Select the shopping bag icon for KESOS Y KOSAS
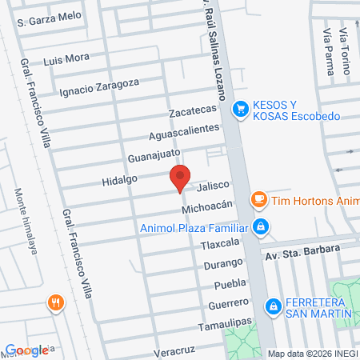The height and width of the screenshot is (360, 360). click(x=238, y=109)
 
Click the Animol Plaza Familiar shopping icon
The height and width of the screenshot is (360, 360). click(x=260, y=228)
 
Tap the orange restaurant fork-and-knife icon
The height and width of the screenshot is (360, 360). click(x=55, y=302)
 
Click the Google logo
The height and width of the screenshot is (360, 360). click(x=26, y=350)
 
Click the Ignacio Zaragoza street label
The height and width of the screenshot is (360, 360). click(x=99, y=84)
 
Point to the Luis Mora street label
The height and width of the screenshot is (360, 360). click(x=66, y=59)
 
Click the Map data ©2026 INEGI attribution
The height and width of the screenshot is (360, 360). click(x=312, y=353)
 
